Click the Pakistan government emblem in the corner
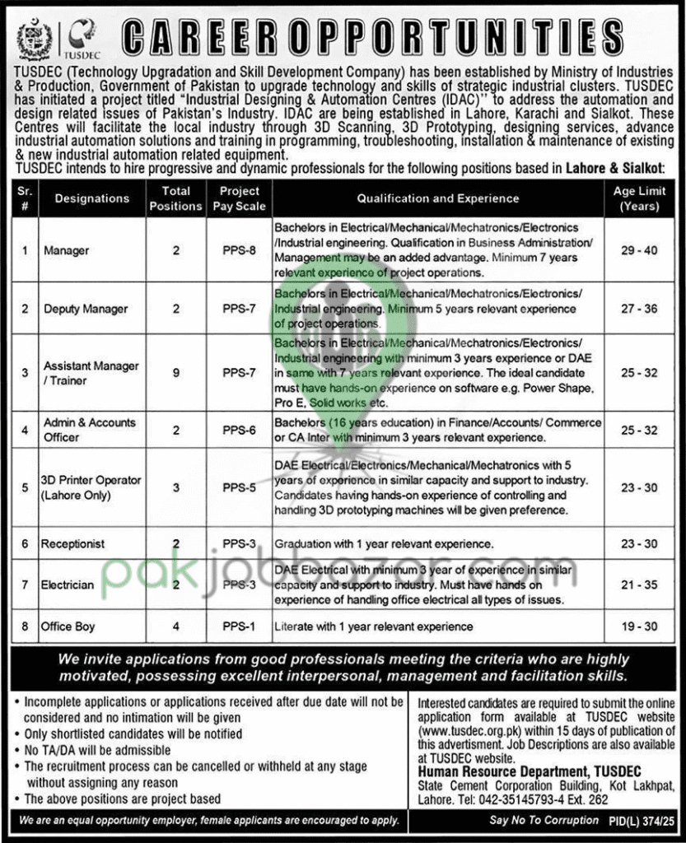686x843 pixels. click(x=35, y=38)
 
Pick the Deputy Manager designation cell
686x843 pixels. click(x=86, y=309)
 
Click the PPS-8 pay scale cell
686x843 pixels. click(x=239, y=249)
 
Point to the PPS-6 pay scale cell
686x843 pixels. click(x=239, y=429)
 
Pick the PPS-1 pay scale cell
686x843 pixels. click(x=239, y=626)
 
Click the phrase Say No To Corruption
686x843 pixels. click(x=544, y=821)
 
